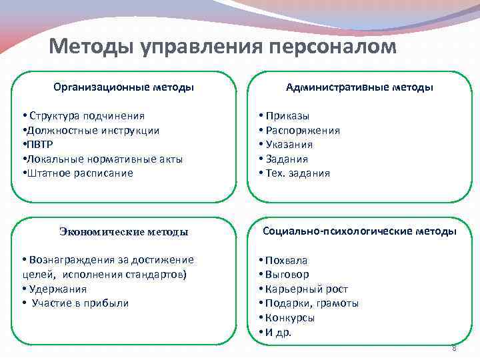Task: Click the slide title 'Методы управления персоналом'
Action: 223,47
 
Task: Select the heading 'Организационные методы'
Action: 123,87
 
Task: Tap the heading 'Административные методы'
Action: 359,87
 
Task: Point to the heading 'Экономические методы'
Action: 123,232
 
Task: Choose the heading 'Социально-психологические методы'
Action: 359,231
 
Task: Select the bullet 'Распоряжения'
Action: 302,130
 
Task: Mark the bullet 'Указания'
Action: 289,145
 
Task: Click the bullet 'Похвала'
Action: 286,260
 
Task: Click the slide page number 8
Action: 453,348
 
